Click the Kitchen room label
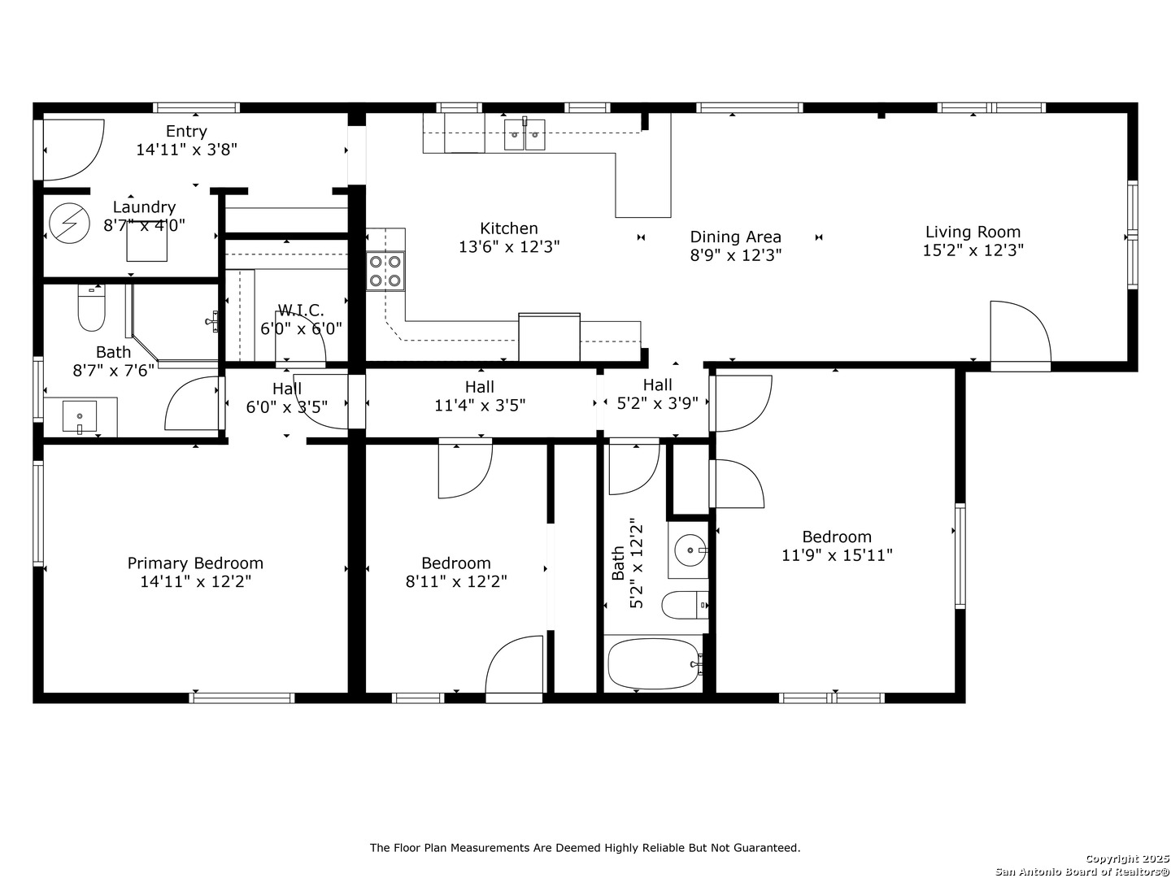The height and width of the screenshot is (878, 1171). pos(508,228)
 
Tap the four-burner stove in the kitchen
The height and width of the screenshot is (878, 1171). pos(385,272)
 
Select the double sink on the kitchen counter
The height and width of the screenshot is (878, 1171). pos(525,134)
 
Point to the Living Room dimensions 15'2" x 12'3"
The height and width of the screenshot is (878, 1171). pos(973,250)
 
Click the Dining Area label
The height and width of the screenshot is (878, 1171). pos(735,237)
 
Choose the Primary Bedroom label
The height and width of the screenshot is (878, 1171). pos(194,563)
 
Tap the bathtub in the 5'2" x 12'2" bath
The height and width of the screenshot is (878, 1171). pos(653,663)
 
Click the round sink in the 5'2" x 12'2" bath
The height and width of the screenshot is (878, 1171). pos(690,549)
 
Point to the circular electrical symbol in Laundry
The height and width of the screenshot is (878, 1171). pos(69,224)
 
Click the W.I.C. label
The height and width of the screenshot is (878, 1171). pos(301,311)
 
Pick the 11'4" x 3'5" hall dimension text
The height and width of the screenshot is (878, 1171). pos(480,406)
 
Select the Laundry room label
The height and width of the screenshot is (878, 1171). pos(144,207)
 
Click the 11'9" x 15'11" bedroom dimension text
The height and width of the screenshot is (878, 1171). pos(837,555)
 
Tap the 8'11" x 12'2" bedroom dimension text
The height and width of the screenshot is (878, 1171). pos(456,581)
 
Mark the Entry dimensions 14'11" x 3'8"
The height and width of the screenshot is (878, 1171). pos(186,150)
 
